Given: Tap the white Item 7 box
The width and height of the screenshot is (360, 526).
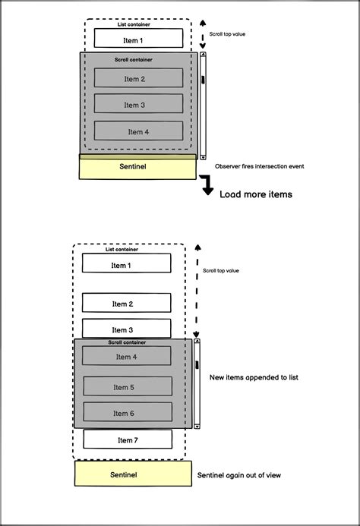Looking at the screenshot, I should pos(127,439).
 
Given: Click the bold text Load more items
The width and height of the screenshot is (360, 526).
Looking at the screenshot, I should pos(256,194).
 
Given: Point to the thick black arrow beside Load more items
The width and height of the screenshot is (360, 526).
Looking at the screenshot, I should pos(207,187).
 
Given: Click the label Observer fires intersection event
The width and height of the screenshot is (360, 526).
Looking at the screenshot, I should pos(260,165).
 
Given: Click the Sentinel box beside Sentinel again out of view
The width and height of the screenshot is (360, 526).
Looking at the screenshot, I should pos(133,474).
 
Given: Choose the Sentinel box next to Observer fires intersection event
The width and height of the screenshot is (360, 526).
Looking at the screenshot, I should pos(137,166).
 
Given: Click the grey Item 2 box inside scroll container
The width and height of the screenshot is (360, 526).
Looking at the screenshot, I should pos(138,77).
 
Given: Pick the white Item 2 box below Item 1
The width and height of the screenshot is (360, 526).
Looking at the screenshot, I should pos(126,303).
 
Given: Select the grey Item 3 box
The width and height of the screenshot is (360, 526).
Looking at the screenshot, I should pos(138,104).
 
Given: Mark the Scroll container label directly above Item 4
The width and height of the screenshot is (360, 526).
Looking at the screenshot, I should pos(127,342).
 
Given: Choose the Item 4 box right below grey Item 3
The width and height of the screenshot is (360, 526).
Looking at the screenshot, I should pos(138,131).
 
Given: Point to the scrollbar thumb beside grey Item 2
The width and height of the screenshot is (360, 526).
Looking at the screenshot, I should pos(202,80).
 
